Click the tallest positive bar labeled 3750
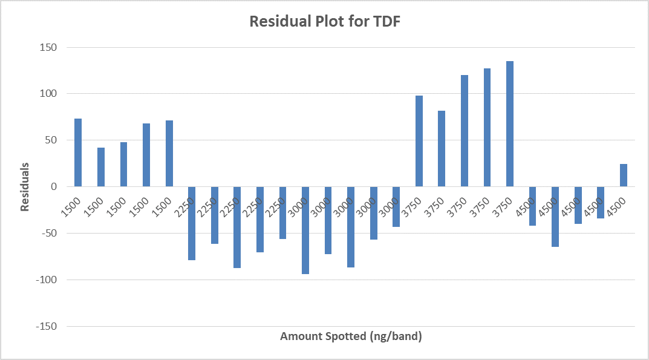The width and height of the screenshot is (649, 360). pyautogui.click(x=510, y=124)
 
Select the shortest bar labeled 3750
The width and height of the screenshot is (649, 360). pyautogui.click(x=442, y=149)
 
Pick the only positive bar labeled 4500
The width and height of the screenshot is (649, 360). pyautogui.click(x=624, y=175)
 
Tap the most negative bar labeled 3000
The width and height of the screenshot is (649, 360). pyautogui.click(x=305, y=230)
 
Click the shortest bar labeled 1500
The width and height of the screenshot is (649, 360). pyautogui.click(x=101, y=167)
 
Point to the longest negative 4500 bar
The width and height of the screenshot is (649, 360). pyautogui.click(x=555, y=217)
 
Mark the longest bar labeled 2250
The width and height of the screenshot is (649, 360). pyautogui.click(x=237, y=227)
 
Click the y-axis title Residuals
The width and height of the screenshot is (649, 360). pyautogui.click(x=25, y=186)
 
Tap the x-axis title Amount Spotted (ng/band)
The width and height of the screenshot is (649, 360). pyautogui.click(x=351, y=336)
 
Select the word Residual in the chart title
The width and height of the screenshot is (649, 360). pyautogui.click(x=278, y=22)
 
